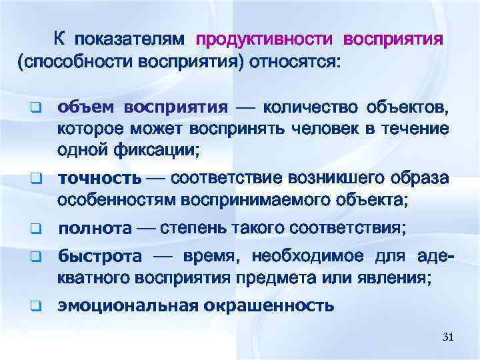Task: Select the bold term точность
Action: [x=100, y=179]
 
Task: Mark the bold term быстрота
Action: [x=100, y=257]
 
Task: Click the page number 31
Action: [x=447, y=338]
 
